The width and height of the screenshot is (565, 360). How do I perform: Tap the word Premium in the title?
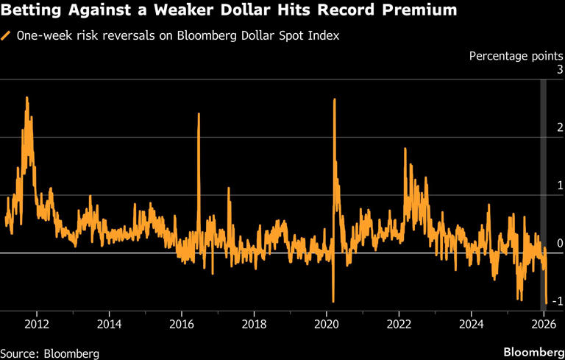[x=417, y=11]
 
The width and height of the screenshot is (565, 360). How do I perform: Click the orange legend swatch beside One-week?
[x=7, y=35]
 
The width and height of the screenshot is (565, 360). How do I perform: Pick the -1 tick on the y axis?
[x=558, y=301]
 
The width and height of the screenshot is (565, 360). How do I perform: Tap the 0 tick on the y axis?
[x=560, y=244]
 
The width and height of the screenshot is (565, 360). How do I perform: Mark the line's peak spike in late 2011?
[x=26, y=97]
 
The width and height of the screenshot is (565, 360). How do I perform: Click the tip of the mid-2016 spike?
[x=199, y=113]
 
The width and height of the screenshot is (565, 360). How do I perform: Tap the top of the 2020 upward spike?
[x=334, y=99]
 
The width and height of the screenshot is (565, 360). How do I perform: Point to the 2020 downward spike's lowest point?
[x=333, y=301]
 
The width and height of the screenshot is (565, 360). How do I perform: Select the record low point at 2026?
[x=546, y=303]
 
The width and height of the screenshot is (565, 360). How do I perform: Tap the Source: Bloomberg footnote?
[x=49, y=353]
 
